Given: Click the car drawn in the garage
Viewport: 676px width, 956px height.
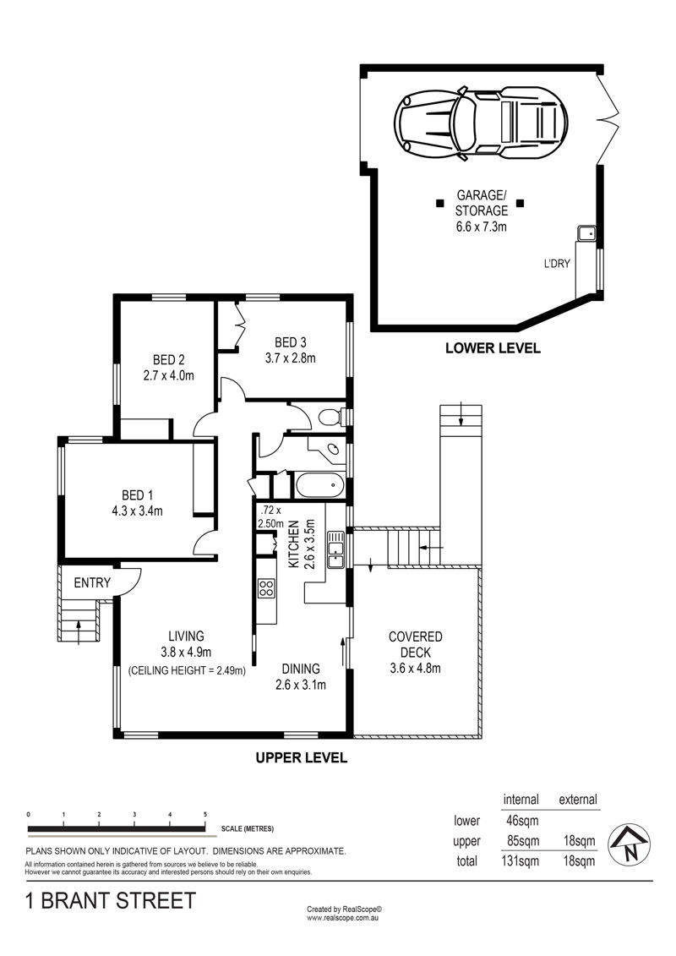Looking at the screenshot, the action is coord(480,122).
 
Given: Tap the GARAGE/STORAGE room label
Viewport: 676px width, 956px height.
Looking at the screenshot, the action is coord(482,203).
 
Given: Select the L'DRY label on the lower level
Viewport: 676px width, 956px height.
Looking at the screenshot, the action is coord(557,264).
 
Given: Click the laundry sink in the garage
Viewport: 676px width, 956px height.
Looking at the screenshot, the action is coord(587,233).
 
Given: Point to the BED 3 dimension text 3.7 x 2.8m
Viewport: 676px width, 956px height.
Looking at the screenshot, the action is coord(290,358).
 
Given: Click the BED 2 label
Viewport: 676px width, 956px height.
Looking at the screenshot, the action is coord(169,360).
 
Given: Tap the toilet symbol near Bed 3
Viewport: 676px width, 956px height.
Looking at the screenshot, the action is coord(331,417).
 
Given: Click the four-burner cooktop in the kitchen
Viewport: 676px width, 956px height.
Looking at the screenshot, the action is coord(266,587).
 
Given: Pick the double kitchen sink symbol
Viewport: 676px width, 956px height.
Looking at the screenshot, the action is coord(335,549).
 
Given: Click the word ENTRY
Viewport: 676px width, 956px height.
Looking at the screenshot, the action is coord(92,583).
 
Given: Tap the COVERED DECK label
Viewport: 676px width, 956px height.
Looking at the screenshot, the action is coord(415,644).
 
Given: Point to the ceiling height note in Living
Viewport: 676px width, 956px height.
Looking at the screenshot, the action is coord(187,670).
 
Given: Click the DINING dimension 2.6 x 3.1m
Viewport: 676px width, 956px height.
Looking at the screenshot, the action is coord(301,685).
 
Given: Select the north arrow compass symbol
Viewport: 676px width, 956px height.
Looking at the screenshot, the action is coord(630,844).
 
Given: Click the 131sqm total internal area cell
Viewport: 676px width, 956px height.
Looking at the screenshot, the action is coord(520,861).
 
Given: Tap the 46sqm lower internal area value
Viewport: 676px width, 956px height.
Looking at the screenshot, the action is coord(521,821).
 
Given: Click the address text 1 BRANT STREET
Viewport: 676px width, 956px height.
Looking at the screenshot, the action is coord(111,900).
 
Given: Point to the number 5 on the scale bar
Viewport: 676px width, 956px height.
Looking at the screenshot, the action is coord(205,815).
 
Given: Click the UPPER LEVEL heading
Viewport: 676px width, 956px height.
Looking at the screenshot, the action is coord(301,758).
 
